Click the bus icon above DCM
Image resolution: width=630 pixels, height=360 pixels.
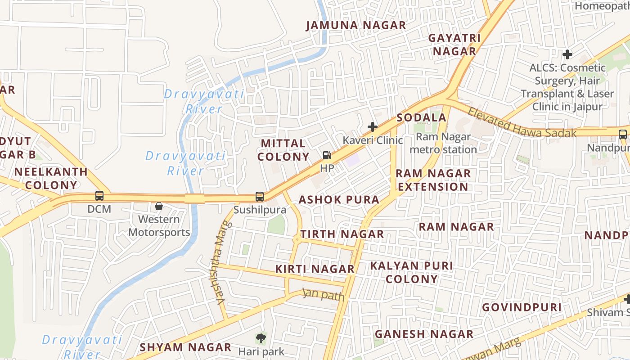99,196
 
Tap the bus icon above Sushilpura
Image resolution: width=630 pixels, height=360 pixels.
260,196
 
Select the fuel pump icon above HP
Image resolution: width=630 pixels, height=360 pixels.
327,156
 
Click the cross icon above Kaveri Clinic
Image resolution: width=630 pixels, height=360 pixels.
373,126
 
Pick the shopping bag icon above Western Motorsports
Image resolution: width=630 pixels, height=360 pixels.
159,206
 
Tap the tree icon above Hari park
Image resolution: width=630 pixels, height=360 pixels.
261,338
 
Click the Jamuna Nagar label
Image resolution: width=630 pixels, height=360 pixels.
356,25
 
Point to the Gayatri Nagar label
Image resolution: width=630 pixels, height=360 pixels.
454,45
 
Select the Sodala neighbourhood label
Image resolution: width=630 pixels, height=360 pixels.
421,118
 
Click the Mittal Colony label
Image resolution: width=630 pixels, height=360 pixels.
285,150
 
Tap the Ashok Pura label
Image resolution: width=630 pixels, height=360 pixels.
339,199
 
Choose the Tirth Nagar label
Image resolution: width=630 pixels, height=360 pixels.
342,234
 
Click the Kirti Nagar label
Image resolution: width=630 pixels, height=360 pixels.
315,269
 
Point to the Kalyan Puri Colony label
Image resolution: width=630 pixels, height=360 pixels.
411,272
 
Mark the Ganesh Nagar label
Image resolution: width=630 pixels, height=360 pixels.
424,334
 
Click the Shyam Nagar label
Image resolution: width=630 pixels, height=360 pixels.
185,347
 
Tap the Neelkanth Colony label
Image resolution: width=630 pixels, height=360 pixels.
51,178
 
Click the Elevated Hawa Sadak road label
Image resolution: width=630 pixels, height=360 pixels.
522,122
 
